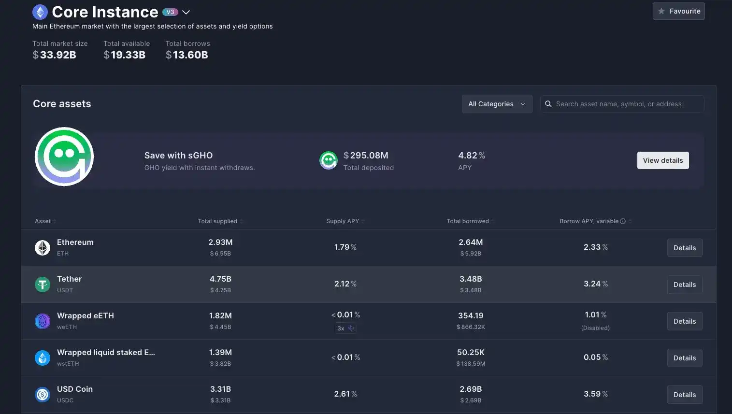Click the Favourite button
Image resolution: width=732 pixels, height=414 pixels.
pos(678,11)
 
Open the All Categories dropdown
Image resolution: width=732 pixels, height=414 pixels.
pos(497,104)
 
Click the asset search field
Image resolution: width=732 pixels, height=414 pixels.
pos(622,104)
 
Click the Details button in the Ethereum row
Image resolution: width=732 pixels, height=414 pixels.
pos(684,248)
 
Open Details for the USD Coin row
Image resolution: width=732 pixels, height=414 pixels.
pos(684,395)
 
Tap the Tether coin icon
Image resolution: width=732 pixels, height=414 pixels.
pos(43,285)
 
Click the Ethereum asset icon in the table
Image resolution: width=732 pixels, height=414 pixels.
pos(43,248)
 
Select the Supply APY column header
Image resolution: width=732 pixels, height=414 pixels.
pos(343,221)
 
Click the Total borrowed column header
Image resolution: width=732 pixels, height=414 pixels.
pos(468,221)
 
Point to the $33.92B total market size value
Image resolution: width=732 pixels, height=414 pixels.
pos(54,55)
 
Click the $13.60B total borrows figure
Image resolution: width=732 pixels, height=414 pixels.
pos(187,55)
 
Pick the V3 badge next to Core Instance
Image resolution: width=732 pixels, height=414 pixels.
pos(170,12)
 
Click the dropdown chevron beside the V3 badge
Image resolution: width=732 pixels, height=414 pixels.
pos(186,12)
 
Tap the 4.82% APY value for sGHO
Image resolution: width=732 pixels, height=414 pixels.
pos(471,156)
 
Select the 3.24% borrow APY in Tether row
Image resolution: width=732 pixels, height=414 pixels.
pos(595,284)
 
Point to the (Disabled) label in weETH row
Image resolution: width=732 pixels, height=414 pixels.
pos(595,328)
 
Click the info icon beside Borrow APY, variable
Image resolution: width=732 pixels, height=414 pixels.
pos(623,221)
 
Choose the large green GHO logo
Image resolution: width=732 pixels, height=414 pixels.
pos(64,157)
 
